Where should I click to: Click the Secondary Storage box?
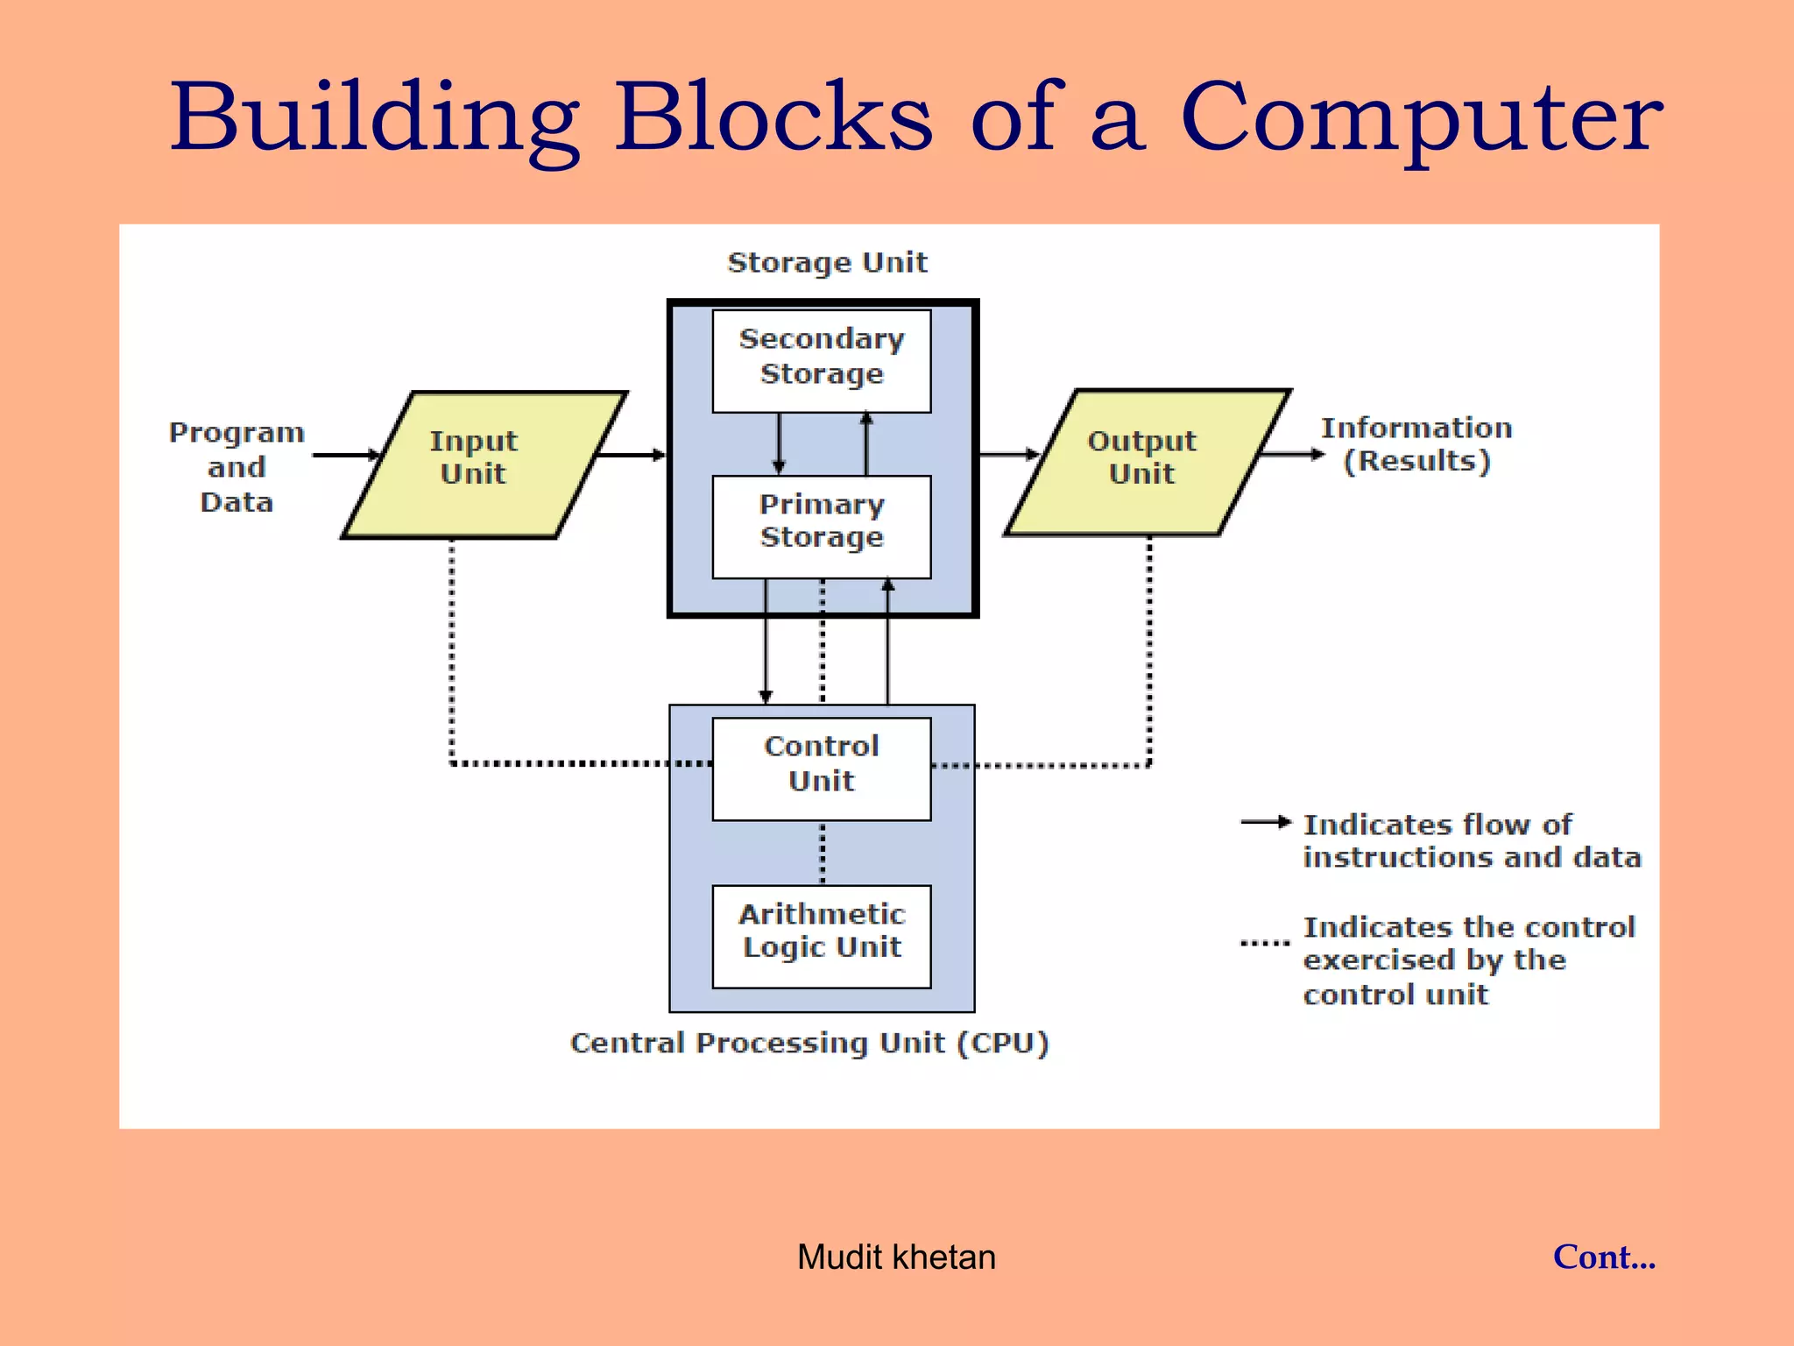(821, 360)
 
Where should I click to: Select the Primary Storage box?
(821, 526)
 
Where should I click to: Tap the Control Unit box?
(821, 769)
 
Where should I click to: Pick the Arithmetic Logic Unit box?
(821, 936)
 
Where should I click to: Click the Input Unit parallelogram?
(484, 464)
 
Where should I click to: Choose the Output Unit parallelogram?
(1147, 462)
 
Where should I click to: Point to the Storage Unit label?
(827, 262)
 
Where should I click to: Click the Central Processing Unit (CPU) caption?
(809, 1043)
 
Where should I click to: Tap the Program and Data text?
(237, 467)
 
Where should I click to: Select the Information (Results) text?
(1416, 444)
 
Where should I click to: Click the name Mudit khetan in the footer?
(896, 1257)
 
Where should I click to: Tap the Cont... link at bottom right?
(1604, 1257)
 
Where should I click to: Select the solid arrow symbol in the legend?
(1266, 822)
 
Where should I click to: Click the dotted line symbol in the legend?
(1265, 944)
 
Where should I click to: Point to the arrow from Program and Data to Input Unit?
(346, 455)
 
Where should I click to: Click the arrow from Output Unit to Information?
(1292, 454)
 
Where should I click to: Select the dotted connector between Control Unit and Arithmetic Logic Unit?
(822, 853)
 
